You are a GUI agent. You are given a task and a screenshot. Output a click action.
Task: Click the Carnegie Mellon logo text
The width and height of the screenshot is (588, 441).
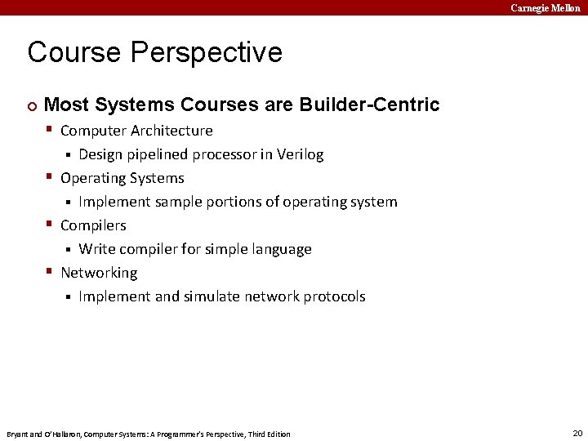click(x=546, y=7)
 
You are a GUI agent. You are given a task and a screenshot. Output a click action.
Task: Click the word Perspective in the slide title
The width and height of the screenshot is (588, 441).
click(x=206, y=52)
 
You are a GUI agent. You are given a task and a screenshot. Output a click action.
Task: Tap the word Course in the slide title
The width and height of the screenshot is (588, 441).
click(x=73, y=52)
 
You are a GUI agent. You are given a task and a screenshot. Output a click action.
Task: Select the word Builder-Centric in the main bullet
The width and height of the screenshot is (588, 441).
click(x=369, y=105)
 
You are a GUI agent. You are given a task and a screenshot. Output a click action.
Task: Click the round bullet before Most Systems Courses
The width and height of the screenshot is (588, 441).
click(x=31, y=105)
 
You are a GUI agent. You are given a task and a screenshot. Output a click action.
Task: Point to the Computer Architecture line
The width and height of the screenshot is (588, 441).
click(x=136, y=131)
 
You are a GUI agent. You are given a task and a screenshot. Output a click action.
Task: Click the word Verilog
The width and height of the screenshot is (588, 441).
click(x=298, y=154)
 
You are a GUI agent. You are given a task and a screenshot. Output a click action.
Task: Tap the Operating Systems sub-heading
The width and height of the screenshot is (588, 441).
click(x=122, y=178)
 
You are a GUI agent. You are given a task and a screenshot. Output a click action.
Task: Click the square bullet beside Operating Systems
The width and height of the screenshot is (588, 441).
click(x=51, y=177)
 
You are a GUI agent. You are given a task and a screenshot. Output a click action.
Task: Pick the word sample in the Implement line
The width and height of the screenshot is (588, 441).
click(x=182, y=202)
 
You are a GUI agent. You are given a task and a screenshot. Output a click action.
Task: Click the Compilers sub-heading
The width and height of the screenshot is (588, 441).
click(x=93, y=225)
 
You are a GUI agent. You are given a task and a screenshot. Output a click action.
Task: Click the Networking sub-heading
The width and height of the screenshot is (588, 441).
click(x=99, y=273)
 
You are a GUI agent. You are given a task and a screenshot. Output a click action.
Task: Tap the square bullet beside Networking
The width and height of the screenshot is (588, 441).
click(x=51, y=272)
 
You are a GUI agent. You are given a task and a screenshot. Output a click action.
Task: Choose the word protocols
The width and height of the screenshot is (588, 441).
click(x=334, y=296)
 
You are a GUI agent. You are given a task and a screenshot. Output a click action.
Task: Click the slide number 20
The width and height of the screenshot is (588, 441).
click(x=577, y=433)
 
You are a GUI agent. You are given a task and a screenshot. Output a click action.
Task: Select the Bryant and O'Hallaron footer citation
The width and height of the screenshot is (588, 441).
click(x=148, y=434)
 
